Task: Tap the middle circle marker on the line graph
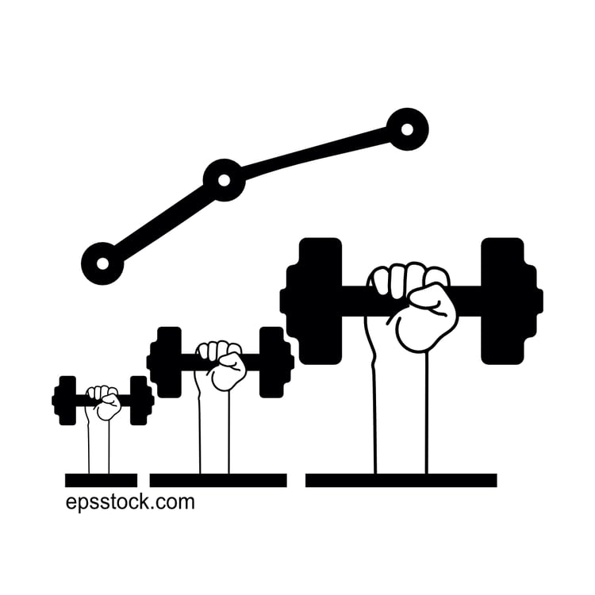224,180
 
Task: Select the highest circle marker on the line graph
408,129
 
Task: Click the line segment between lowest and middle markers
163,222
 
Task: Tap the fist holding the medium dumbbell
222,366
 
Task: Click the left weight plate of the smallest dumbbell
67,400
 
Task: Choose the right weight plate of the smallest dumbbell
140,400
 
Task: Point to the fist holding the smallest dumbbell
105,402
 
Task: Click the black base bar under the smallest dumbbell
101,480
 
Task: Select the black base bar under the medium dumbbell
218,480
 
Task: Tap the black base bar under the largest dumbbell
401,480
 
